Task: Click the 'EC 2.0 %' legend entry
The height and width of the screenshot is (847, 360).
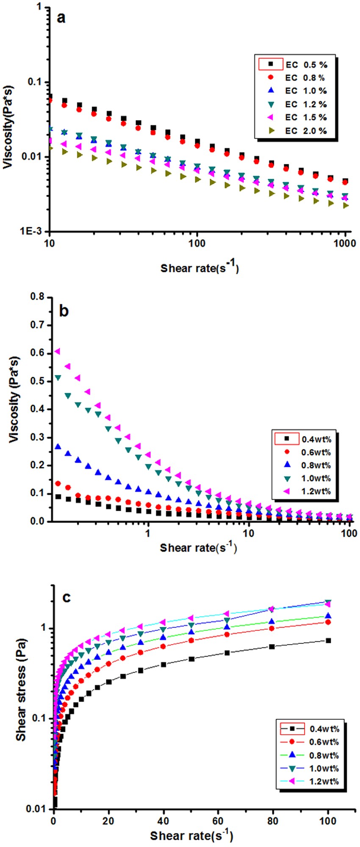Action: (305, 131)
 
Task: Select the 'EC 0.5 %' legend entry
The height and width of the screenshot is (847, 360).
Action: (305, 65)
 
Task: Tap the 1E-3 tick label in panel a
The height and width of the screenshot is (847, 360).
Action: (33, 231)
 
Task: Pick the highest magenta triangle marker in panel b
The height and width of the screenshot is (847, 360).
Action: (57, 351)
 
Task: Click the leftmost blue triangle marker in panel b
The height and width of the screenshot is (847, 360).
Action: (58, 447)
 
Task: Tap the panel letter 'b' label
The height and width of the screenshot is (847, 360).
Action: (64, 311)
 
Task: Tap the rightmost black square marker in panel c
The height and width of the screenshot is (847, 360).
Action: (328, 640)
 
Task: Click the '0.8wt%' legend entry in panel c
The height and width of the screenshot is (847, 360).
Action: (324, 755)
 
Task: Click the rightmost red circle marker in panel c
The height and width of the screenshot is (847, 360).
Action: (328, 622)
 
